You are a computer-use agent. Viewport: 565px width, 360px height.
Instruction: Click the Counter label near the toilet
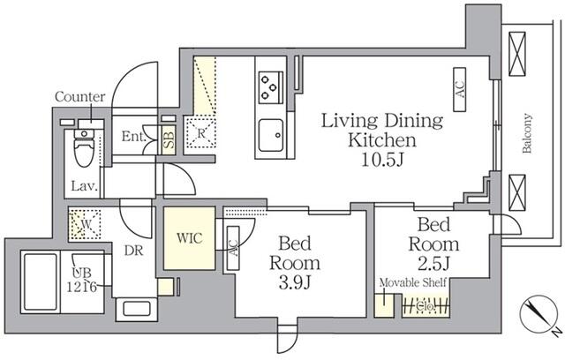point(80,96)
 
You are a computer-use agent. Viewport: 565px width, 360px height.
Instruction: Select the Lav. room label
point(85,186)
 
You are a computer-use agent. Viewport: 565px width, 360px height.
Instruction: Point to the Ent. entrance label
point(133,137)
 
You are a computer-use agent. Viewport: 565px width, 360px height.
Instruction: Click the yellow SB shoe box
point(169,139)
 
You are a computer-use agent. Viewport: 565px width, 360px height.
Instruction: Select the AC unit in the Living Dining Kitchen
point(460,89)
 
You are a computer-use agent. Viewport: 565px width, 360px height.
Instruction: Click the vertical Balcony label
point(526,133)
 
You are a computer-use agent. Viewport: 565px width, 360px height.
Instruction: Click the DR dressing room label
point(133,251)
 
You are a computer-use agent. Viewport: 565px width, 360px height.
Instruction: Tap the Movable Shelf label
point(413,282)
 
